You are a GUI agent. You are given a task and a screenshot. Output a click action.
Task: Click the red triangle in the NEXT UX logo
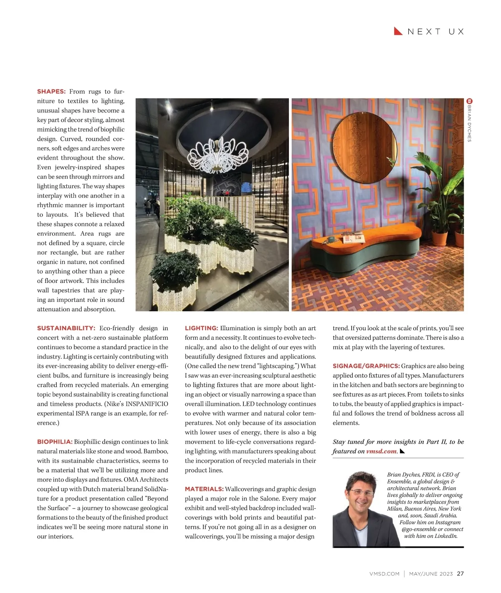coord(398,31)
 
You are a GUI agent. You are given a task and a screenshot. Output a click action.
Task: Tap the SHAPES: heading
coord(51,92)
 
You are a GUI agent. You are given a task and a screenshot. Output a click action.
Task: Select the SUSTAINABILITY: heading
coord(66,328)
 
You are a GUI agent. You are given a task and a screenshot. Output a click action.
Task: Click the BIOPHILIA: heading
coord(55,442)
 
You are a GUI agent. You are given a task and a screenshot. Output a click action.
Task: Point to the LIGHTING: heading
coord(201,328)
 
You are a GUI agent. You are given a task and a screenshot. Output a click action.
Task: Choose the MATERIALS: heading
coord(204,489)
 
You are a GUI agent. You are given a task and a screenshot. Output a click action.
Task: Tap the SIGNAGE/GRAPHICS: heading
coord(366,366)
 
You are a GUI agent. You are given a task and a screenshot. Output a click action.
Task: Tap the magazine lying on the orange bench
coord(354,238)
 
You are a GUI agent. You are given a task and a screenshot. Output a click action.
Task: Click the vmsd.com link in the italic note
coord(381,451)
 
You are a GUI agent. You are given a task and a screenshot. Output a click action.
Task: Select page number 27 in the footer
coord(460,574)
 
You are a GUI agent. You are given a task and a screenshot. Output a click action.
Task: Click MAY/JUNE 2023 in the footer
coord(431,574)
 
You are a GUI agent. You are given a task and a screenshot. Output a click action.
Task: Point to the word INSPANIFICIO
coord(147,404)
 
